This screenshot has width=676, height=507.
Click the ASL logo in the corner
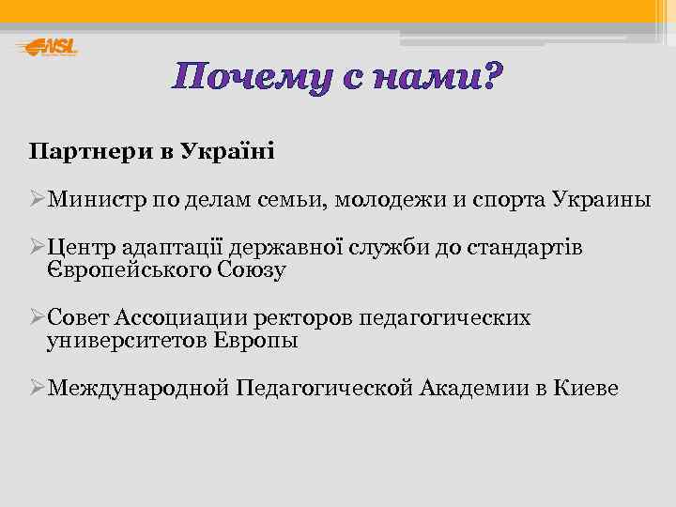point(47,47)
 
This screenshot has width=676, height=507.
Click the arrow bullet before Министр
point(37,200)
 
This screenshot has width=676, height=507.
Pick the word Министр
point(95,200)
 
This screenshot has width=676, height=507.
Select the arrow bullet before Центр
point(37,247)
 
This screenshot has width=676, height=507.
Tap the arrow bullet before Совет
point(37,318)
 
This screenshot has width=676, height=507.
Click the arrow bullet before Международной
point(37,388)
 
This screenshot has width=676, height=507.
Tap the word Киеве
point(587,388)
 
